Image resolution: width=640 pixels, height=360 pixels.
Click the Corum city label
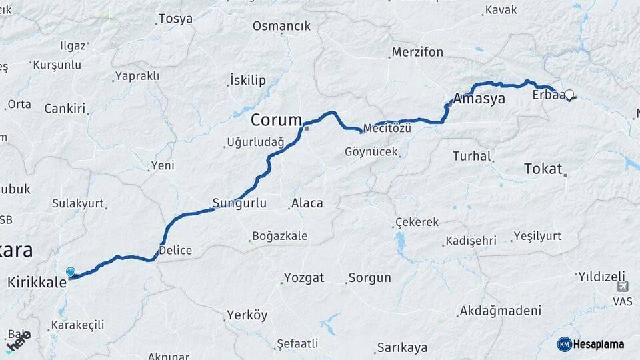point(276,120)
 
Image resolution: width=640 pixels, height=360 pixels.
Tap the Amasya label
point(479,98)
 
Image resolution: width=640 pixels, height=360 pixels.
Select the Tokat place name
point(543,169)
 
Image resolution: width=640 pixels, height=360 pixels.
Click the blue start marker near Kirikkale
point(71,272)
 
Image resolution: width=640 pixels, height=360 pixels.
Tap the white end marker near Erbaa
point(569,95)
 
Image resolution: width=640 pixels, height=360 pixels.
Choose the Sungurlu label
point(239,203)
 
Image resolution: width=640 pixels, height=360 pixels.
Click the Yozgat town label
point(304,277)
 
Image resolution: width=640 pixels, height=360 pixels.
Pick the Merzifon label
point(417,51)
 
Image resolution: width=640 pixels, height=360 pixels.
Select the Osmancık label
point(281,26)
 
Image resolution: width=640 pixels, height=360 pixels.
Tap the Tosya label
point(176,19)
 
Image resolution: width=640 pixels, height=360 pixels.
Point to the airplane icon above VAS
point(623,287)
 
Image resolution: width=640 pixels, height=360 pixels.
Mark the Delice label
point(175,251)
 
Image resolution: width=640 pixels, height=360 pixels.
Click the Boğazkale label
point(279,236)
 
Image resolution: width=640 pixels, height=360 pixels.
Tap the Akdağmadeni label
point(500,311)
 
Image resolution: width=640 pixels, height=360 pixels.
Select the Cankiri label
point(65,108)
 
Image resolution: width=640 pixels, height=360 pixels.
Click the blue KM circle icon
point(565,344)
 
